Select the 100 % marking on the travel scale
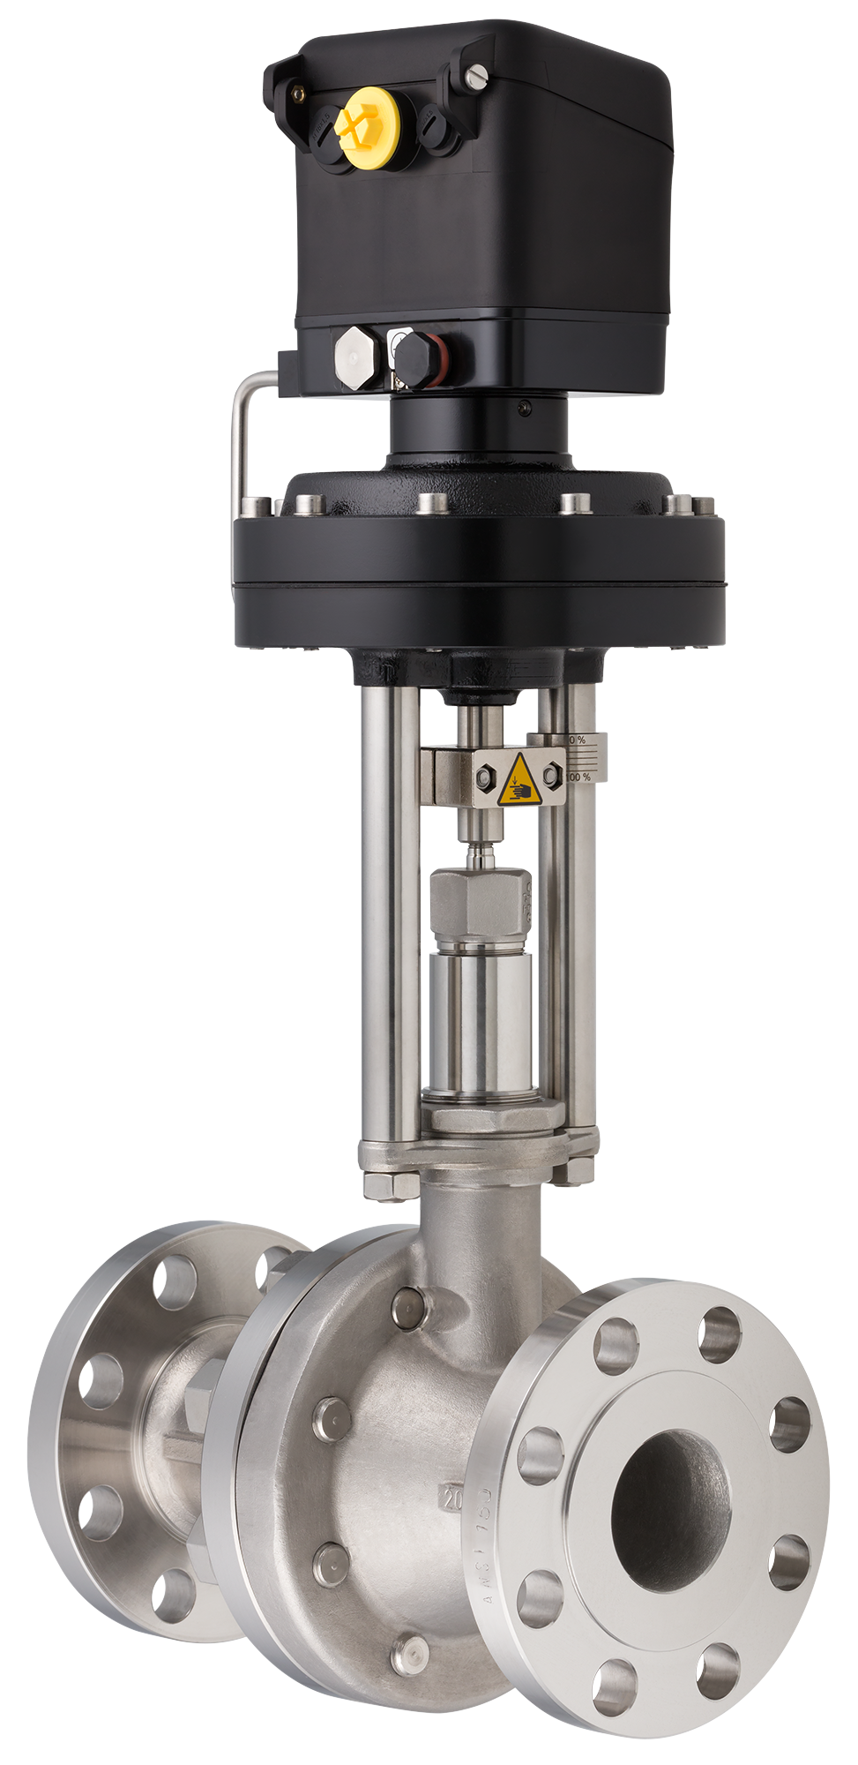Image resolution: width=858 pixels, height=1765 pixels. pos(578,777)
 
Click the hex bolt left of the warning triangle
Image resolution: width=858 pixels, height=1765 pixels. pos(485,776)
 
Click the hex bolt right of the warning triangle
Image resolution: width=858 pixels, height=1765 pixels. pos(552,776)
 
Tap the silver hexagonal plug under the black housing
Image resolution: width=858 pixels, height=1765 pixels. pos(355,357)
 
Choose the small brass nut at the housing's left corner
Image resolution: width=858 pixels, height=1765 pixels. pos(302,91)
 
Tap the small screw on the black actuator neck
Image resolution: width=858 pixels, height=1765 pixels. pos(526,406)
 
